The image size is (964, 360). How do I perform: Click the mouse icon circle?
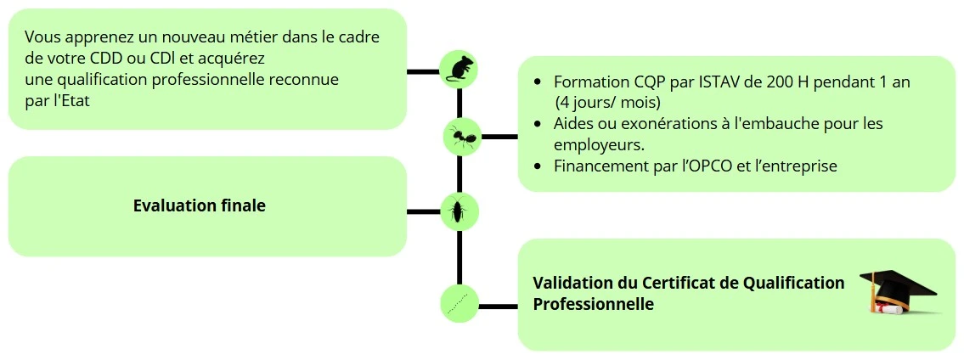point(459,68)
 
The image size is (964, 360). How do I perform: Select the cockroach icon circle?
point(459,211)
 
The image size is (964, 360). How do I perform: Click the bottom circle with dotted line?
point(459,304)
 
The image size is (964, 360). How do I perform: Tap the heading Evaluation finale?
point(200,205)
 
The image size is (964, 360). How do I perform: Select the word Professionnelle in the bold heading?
point(593,303)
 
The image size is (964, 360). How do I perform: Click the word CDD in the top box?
point(106,59)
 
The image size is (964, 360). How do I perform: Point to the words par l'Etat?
point(57,101)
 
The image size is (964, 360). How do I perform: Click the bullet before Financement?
point(538,166)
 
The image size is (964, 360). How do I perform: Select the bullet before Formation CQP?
point(538,83)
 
